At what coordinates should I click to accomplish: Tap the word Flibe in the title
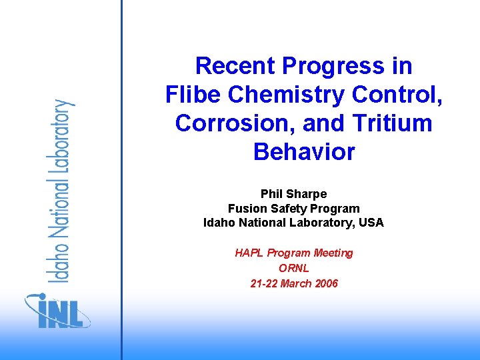pyautogui.click(x=193, y=95)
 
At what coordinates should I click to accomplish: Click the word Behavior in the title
pyautogui.click(x=304, y=152)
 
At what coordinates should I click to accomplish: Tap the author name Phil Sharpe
pyautogui.click(x=293, y=194)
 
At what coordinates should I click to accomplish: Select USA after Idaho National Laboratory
pyautogui.click(x=371, y=223)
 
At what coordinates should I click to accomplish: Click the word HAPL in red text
pyautogui.click(x=249, y=253)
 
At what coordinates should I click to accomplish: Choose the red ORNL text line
pyautogui.click(x=294, y=268)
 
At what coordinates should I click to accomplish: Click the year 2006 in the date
pyautogui.click(x=325, y=283)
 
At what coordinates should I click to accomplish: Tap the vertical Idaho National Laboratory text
pyautogui.click(x=61, y=191)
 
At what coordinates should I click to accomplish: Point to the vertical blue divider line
pyautogui.click(x=122, y=180)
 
